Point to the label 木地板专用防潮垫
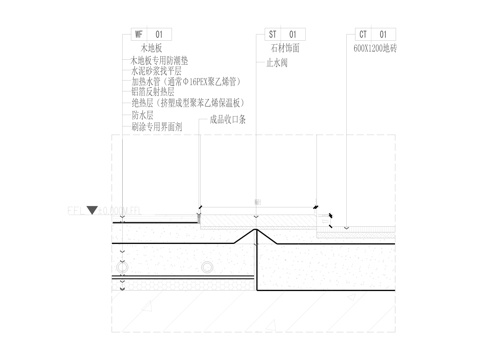coord(160,62)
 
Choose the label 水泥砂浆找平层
coord(156,72)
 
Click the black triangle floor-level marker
coord(92,211)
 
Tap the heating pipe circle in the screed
coord(206,267)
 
